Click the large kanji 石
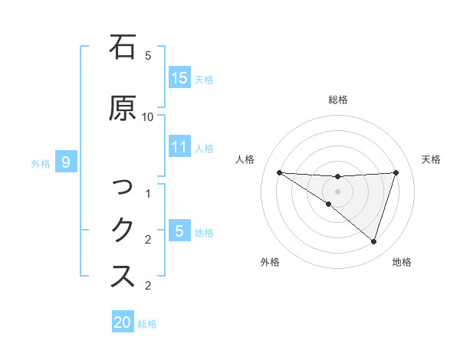click(x=123, y=47)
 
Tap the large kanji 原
click(x=123, y=109)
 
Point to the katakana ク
click(x=123, y=230)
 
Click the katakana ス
click(x=123, y=276)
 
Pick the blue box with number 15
click(x=179, y=78)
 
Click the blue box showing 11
click(x=179, y=147)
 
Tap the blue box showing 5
click(x=179, y=231)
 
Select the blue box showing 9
click(x=66, y=162)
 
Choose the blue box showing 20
click(x=123, y=322)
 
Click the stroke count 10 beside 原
click(x=148, y=116)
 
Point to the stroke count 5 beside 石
click(x=148, y=55)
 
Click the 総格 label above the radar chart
click(x=338, y=100)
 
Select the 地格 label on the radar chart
click(x=401, y=262)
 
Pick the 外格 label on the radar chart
click(x=270, y=262)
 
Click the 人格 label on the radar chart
click(x=245, y=159)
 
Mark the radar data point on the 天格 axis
click(x=396, y=172)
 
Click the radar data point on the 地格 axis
click(x=373, y=241)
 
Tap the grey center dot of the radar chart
click(x=337, y=191)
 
